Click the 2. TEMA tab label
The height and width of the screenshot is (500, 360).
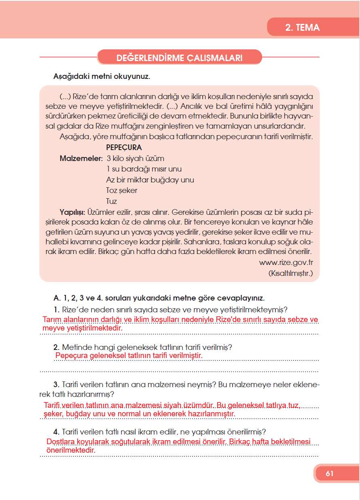[x=302, y=28]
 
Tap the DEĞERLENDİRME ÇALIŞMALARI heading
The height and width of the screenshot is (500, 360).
[x=179, y=58]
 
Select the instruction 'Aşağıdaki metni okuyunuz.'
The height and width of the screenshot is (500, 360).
[x=102, y=76]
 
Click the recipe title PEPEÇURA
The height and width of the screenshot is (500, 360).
[x=124, y=148]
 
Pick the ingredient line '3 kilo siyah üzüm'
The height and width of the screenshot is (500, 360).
[x=135, y=159]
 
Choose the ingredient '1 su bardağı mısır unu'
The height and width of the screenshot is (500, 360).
[x=144, y=169]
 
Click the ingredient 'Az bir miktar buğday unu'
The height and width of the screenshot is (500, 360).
[x=150, y=180]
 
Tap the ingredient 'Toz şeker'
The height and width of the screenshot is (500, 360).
[x=121, y=190]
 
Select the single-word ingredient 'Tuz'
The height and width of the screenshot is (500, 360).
[x=111, y=201]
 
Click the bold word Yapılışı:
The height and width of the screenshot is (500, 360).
[x=72, y=212]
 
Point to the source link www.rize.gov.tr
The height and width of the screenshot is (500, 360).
[x=286, y=263]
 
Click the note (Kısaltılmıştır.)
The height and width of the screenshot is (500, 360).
[x=290, y=273]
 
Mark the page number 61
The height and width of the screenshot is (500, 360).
[x=329, y=474]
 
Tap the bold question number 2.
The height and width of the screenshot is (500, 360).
[x=56, y=347]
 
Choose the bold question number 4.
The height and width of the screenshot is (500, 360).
[x=56, y=431]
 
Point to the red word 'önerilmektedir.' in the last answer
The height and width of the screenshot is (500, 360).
[x=71, y=450]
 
